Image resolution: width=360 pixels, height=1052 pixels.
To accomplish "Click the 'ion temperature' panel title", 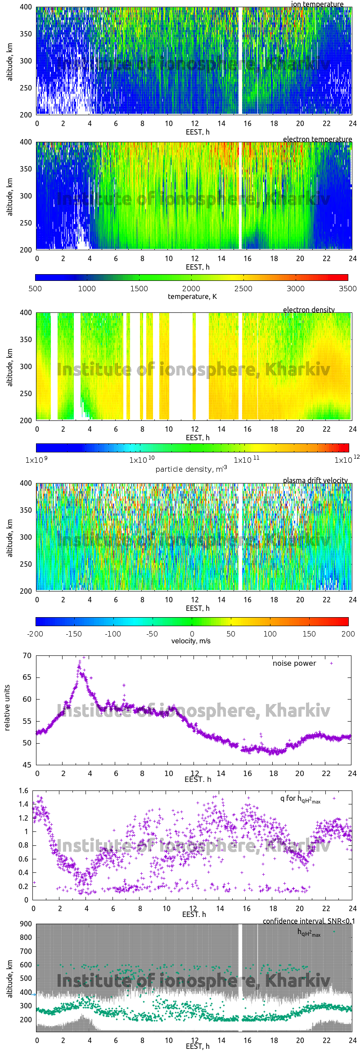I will [317, 4].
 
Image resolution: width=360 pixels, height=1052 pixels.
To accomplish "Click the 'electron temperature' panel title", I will [317, 139].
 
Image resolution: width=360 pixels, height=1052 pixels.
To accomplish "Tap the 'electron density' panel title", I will [309, 310].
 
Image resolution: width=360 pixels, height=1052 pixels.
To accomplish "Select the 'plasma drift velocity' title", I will [315, 480].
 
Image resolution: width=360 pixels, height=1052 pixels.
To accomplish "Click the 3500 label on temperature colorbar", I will [347, 289].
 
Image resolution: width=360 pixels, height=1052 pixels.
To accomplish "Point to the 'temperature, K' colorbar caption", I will [192, 297].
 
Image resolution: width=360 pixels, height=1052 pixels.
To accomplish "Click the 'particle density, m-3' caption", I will [191, 469].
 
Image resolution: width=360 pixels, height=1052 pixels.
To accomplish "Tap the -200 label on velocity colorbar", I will [35, 634].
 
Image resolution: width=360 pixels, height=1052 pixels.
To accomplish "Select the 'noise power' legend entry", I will [294, 664].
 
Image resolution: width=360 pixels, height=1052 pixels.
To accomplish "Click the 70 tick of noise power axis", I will [27, 656].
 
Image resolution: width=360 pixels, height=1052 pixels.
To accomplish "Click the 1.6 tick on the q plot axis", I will [23, 791].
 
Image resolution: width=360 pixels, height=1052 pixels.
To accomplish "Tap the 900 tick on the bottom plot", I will [26, 924].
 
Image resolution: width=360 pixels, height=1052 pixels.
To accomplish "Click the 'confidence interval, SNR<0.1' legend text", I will [309, 921].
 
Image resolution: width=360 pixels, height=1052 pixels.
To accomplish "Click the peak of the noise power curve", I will [84, 657].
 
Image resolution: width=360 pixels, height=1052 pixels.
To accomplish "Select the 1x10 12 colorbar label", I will [346, 460].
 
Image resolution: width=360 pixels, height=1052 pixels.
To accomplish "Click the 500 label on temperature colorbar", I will [35, 289].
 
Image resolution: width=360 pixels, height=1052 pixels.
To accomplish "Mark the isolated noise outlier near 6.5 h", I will [124, 686].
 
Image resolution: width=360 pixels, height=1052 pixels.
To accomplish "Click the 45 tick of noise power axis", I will [27, 765].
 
